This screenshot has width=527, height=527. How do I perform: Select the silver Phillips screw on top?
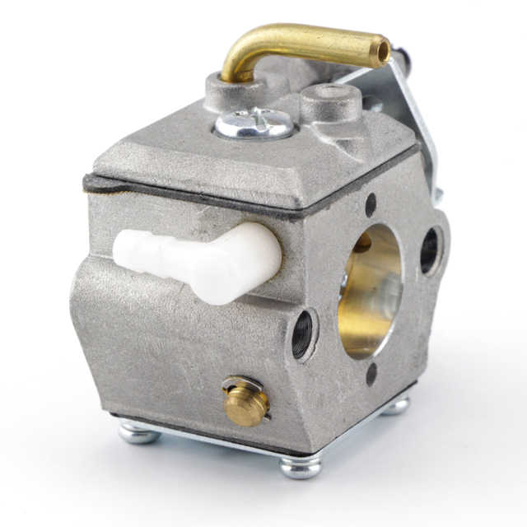click(254, 124)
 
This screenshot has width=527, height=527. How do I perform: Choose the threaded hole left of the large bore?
click(303, 333)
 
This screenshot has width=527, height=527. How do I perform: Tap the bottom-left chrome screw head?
click(138, 431)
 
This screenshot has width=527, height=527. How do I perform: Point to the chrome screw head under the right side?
click(397, 405)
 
